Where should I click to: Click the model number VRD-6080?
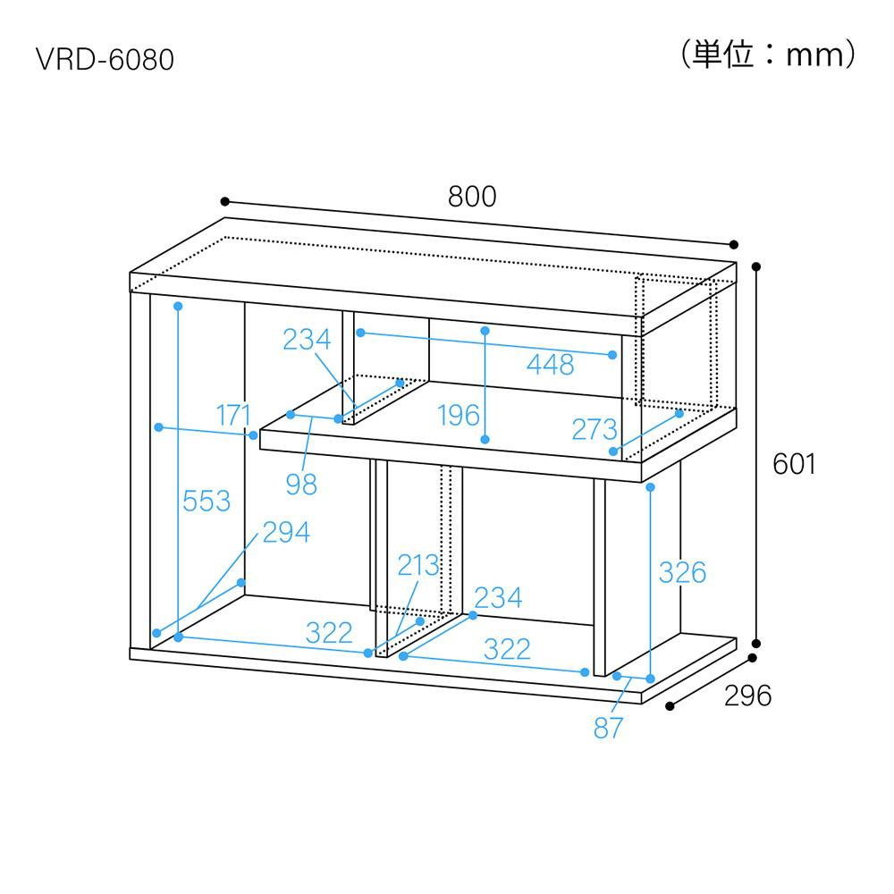(105, 59)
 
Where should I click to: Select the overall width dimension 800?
(472, 197)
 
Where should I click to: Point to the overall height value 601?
(794, 463)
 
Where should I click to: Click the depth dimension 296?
(748, 696)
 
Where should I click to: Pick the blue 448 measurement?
(550, 365)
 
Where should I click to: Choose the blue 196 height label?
(459, 415)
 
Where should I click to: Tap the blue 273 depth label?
(595, 429)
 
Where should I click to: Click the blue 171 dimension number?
(233, 415)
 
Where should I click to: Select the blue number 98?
(301, 485)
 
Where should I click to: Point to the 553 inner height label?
(207, 502)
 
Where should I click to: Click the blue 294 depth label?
(286, 533)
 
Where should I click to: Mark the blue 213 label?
(418, 566)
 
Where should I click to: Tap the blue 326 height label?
(682, 572)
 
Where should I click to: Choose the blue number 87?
(608, 728)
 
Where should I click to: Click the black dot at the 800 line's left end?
(225, 201)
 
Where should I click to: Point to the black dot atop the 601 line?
(756, 266)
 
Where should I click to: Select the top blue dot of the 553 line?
(178, 306)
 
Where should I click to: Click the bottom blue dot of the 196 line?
(485, 440)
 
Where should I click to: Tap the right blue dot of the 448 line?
(612, 355)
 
